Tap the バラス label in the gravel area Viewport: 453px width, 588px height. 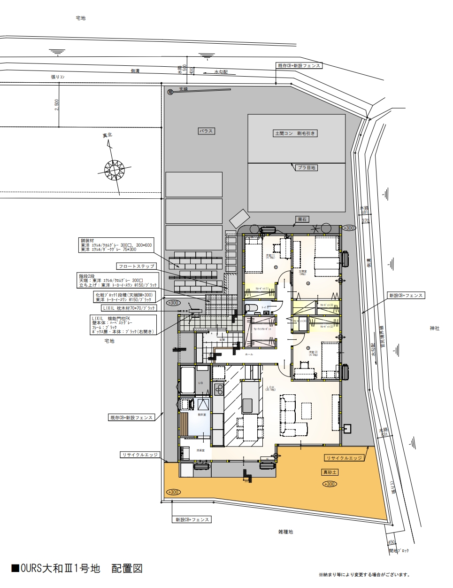[x=206, y=131]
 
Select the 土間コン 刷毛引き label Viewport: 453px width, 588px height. [x=296, y=133]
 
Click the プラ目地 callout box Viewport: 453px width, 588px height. [x=307, y=167]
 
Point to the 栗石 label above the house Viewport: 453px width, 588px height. [x=302, y=219]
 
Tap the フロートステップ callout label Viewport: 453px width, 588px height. [x=137, y=266]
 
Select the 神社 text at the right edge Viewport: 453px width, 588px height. [x=434, y=328]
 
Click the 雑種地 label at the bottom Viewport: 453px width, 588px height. [x=285, y=532]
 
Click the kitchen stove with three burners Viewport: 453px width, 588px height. [x=219, y=389]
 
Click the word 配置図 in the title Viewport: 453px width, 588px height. [x=126, y=569]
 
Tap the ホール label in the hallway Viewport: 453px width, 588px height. [x=249, y=354]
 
